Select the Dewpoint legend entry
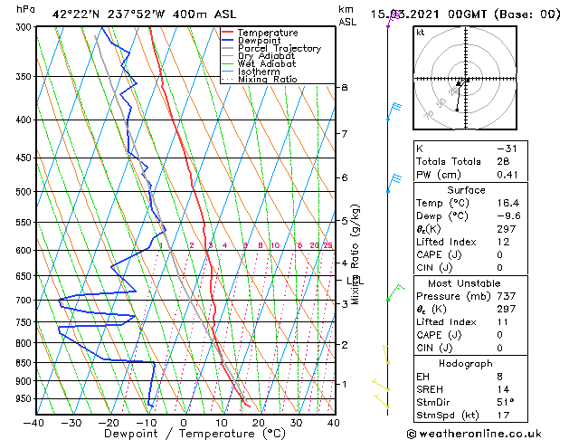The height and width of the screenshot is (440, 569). (x=261, y=41)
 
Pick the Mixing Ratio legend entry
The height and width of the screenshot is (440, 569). (x=267, y=80)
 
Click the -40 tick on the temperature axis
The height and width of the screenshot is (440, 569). (x=34, y=423)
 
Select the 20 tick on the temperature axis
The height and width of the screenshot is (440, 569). (x=259, y=423)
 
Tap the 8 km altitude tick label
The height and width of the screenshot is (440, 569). (x=344, y=87)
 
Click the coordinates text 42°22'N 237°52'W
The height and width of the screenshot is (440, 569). (x=106, y=14)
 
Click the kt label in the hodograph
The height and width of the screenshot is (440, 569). (x=420, y=32)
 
